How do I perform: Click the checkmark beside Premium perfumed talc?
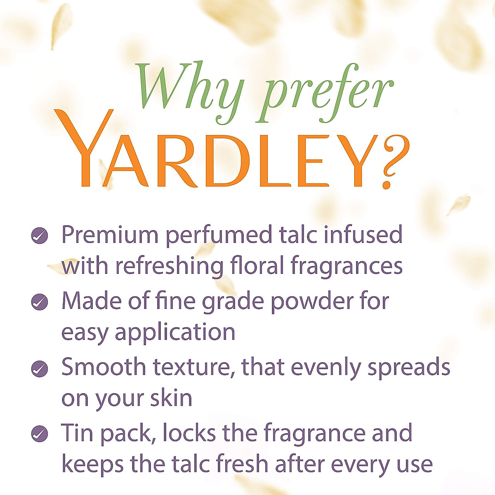(x=40, y=236)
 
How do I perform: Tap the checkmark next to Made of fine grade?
(x=40, y=302)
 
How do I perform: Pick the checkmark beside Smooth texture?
(x=40, y=368)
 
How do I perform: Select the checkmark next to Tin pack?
(x=40, y=434)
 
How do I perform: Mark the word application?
(x=175, y=332)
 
